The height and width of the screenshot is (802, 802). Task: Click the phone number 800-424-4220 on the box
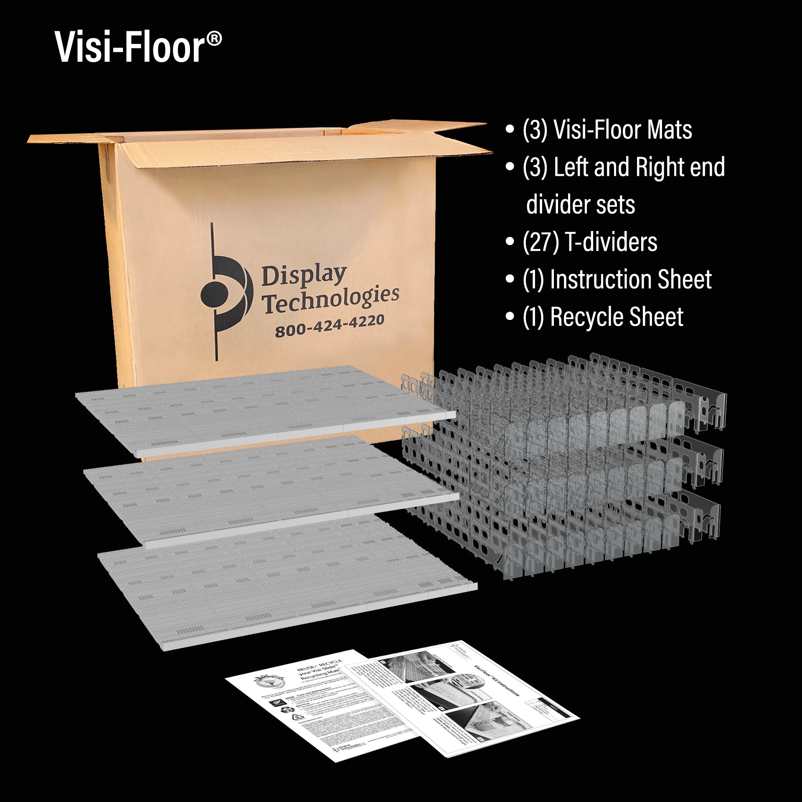330,326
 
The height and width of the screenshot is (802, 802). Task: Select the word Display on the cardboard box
304,276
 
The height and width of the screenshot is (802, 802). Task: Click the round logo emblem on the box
226,288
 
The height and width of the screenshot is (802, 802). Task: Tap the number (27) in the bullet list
541,242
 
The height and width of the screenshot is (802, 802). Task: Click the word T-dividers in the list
611,242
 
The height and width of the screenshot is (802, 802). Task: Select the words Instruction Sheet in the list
631,279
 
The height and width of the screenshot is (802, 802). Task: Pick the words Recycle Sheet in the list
617,317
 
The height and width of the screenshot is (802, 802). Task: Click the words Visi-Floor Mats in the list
622,130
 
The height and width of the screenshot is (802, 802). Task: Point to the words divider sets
581,205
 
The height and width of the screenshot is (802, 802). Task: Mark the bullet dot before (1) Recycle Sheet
509,317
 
